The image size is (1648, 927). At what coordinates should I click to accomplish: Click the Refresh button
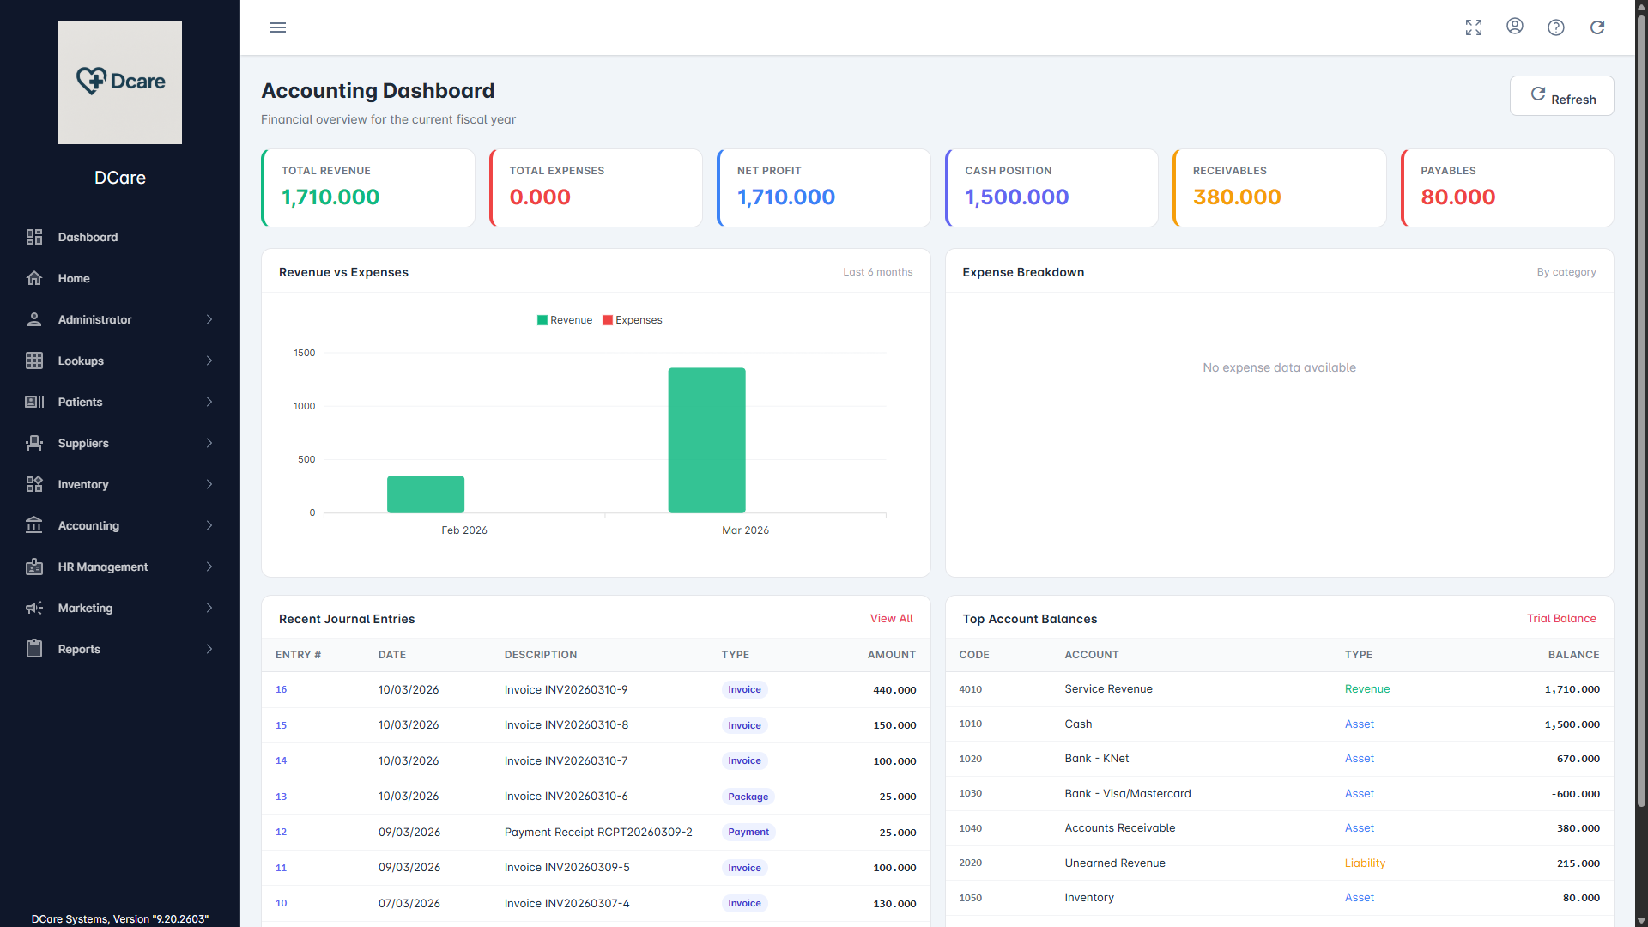click(x=1561, y=96)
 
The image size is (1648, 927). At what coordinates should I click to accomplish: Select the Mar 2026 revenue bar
click(x=706, y=440)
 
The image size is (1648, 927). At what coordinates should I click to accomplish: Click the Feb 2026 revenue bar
click(x=426, y=494)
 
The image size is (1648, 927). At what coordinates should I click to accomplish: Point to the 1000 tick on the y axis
click(x=305, y=406)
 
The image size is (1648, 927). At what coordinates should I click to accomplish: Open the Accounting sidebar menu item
click(x=88, y=525)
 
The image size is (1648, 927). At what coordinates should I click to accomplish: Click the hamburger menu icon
click(x=278, y=27)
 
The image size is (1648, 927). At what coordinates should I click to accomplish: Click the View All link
click(x=891, y=619)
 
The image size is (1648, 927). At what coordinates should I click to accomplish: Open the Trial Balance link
click(x=1560, y=619)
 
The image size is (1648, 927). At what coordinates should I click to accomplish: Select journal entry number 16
click(x=282, y=689)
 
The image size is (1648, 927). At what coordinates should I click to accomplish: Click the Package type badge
click(x=748, y=797)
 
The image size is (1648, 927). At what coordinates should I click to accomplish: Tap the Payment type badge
click(x=748, y=832)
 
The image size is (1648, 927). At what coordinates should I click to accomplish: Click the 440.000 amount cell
click(x=894, y=690)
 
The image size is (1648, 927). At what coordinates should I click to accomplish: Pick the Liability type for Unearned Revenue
click(x=1365, y=863)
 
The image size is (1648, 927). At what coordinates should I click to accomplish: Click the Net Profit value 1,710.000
click(x=785, y=197)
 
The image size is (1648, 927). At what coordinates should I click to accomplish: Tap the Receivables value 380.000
click(x=1236, y=197)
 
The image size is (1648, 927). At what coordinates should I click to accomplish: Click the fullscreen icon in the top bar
click(x=1474, y=27)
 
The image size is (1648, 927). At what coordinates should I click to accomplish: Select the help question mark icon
click(x=1555, y=27)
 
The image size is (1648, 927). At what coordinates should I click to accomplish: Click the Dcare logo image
click(x=120, y=82)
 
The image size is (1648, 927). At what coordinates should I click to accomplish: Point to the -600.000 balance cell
click(x=1575, y=794)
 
